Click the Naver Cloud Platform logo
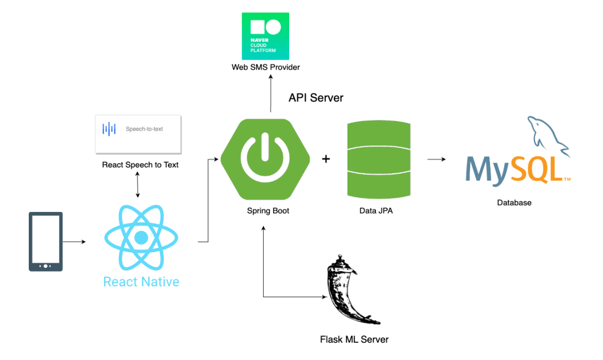click(265, 36)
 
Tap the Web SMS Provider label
click(266, 67)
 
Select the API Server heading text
click(316, 98)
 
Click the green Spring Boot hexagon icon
click(265, 159)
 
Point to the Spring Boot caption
click(268, 211)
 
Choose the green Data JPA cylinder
click(379, 159)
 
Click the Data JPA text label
click(376, 211)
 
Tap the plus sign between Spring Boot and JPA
click(326, 159)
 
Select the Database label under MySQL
click(514, 203)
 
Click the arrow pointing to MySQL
click(437, 159)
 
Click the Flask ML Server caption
click(354, 340)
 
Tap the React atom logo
click(141, 238)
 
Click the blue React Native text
click(141, 282)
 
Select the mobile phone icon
click(46, 242)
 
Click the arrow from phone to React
click(74, 242)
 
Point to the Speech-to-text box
click(138, 134)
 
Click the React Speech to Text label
click(140, 165)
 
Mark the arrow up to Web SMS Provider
click(271, 94)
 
